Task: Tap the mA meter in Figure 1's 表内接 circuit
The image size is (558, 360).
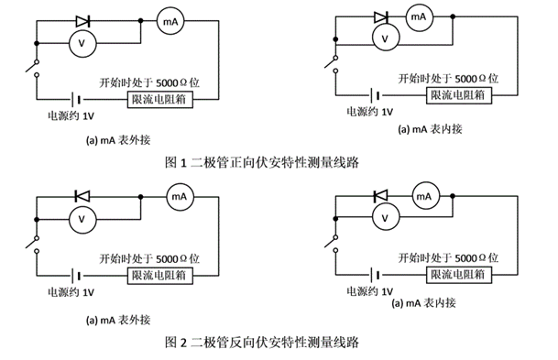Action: click(x=417, y=17)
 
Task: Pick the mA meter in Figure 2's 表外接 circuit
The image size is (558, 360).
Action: click(x=179, y=196)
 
